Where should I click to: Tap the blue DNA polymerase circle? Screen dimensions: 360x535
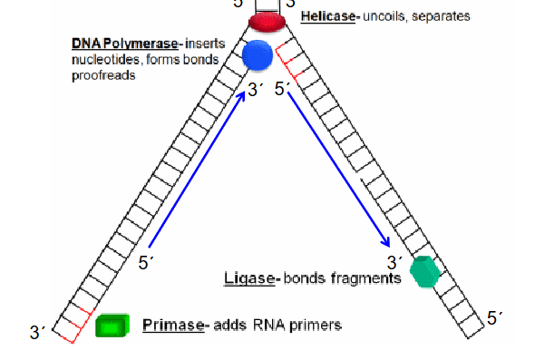pos(258,56)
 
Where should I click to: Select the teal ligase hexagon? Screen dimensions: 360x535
pos(424,271)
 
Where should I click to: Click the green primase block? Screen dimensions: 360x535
pos(112,325)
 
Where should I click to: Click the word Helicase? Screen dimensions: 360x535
pos(329,16)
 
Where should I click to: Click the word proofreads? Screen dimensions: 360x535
pos(103,76)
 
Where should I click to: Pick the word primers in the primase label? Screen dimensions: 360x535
pos(317,325)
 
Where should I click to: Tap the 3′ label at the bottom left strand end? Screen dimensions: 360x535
pos(36,333)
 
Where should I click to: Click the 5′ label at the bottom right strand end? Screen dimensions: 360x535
pos(495,317)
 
